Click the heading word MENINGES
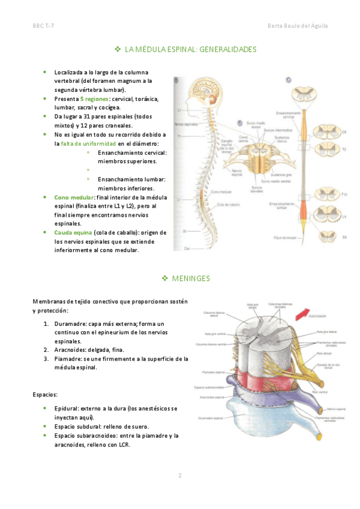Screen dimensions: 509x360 tap(191, 279)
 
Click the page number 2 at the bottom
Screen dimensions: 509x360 tap(179, 475)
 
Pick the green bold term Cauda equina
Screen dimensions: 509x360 tap(73, 232)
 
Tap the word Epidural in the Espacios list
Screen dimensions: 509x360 tap(67, 408)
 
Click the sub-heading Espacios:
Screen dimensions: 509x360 tap(46, 394)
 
